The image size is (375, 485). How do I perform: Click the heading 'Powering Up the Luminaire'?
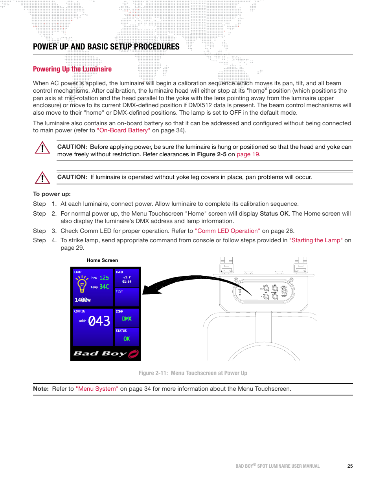72,69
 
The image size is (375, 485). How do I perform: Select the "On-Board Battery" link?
123,130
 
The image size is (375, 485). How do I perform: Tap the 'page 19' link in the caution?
248,154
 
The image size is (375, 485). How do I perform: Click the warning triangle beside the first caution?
42,148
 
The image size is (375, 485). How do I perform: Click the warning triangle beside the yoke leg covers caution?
42,178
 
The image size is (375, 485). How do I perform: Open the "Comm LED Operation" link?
227,231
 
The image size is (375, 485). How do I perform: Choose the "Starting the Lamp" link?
316,240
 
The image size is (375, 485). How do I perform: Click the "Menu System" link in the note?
97,389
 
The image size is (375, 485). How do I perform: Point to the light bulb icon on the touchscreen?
82,284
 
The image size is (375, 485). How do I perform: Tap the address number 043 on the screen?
99,321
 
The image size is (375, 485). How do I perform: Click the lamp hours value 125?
104,278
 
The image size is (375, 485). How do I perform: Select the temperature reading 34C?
104,287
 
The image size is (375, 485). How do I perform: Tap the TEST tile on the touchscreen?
127,297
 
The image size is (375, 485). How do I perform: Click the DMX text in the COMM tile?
127,319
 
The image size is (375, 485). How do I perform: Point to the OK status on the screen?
127,339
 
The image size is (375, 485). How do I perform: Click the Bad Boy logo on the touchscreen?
105,353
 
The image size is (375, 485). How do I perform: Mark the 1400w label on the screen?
83,300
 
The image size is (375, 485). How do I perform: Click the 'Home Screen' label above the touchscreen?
102,260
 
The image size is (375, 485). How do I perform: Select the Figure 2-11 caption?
193,373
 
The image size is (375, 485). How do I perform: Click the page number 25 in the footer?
350,466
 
